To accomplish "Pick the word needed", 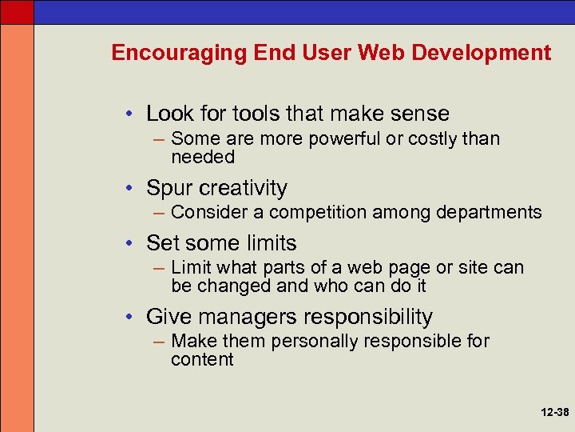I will [x=203, y=157].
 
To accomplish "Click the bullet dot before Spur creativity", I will [x=131, y=189].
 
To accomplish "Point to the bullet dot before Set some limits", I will [x=131, y=244].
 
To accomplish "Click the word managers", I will [x=247, y=317].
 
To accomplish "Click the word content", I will [x=202, y=359].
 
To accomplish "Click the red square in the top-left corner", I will [x=17, y=11].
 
